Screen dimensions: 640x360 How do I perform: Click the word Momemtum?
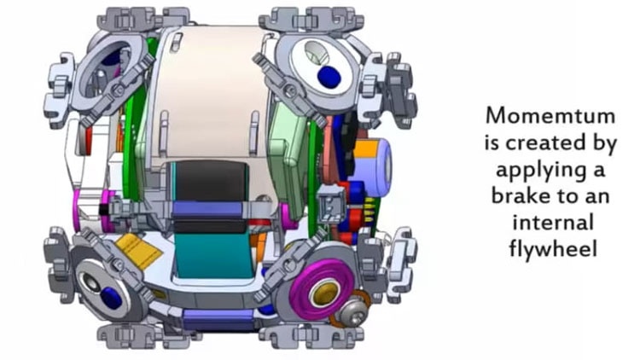pos(550,116)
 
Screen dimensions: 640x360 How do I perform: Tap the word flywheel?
pos(553,248)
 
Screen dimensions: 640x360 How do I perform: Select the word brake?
pos(517,195)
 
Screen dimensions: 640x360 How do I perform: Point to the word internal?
pos(553,223)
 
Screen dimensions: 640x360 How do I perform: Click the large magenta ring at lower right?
pos(321,288)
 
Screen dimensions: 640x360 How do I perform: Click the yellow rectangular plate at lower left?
pos(138,251)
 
